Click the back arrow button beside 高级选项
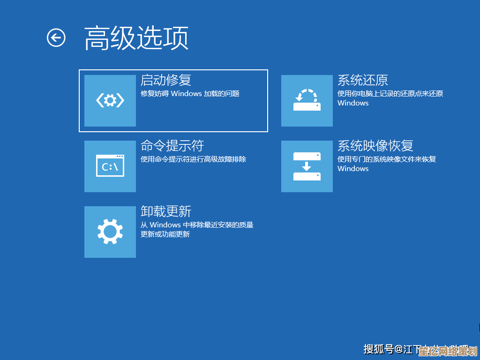(x=56, y=37)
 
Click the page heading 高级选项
(x=136, y=38)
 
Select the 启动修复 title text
(x=166, y=80)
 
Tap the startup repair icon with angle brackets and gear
(x=110, y=100)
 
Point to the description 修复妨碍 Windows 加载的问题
(x=190, y=94)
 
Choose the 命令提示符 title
(x=172, y=146)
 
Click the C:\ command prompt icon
(x=110, y=166)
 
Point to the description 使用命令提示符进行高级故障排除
(x=193, y=159)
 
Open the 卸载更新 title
(x=166, y=211)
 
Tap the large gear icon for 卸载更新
(x=110, y=232)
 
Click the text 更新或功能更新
(x=165, y=234)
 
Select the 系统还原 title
(x=363, y=80)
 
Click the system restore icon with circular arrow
(x=307, y=100)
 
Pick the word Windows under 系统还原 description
(x=353, y=103)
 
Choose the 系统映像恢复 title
(x=375, y=146)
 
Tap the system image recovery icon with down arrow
(x=307, y=166)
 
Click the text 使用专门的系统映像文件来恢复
(x=387, y=159)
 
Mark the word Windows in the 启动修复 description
(x=186, y=94)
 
